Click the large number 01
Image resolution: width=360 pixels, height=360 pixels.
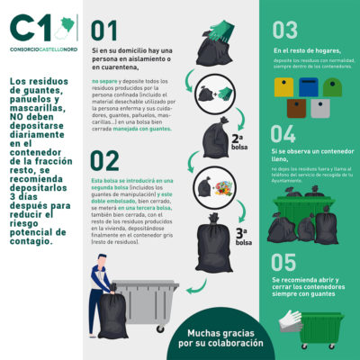104,32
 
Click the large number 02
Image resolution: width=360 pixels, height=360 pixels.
105,160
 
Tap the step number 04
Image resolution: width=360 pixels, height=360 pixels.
285,134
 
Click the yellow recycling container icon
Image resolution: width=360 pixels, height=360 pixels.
285,86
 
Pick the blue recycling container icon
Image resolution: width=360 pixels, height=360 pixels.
309,86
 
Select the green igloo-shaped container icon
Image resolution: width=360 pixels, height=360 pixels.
332,86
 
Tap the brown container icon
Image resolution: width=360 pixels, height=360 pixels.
297,109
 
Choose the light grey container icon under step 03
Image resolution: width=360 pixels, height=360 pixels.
320,109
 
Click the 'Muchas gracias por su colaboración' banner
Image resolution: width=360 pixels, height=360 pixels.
220,337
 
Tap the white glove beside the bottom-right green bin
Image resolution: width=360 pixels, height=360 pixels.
289,319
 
